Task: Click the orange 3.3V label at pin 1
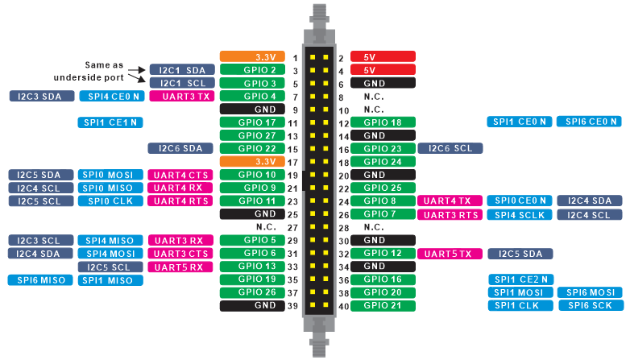click(x=252, y=57)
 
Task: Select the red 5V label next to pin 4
click(x=383, y=70)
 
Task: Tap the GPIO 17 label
click(x=252, y=122)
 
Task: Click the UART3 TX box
click(x=180, y=96)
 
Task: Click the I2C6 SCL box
click(x=450, y=148)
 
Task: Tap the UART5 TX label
click(x=450, y=254)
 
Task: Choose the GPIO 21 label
click(x=383, y=305)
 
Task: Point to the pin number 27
click(x=294, y=227)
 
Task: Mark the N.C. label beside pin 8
click(x=373, y=97)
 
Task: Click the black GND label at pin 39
click(x=252, y=305)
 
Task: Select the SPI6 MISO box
click(x=41, y=279)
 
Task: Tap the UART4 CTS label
click(x=180, y=175)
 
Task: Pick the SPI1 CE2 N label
click(x=520, y=279)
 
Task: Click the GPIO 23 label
click(x=383, y=148)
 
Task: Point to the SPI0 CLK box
click(x=111, y=201)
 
